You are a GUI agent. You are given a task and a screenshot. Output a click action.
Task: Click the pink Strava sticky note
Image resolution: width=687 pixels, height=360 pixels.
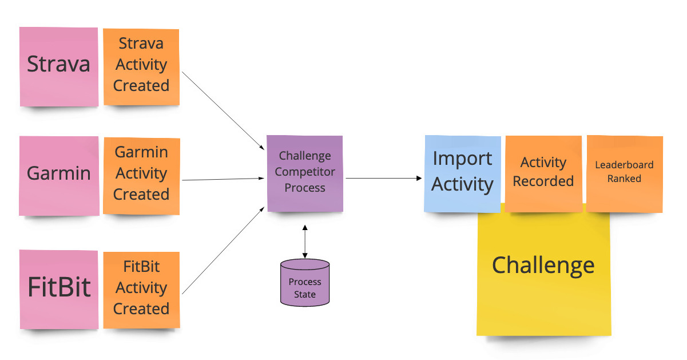pos(59,67)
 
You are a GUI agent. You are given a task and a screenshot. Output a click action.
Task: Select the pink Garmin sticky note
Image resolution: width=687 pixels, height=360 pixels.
pos(59,176)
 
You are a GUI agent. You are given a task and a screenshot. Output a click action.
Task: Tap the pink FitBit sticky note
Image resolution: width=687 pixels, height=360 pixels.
pos(59,290)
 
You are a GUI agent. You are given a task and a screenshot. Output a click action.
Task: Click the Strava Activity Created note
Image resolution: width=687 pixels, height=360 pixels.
pos(141,67)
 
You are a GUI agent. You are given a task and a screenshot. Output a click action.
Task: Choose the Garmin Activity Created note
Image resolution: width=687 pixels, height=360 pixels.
pos(141,176)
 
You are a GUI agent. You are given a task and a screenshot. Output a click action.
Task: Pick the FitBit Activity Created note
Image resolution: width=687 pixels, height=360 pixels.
pos(141,290)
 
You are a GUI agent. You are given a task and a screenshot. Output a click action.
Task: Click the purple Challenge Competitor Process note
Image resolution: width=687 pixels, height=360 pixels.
pos(305,173)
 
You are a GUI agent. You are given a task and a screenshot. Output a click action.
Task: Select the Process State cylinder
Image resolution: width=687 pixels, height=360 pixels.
pos(305,283)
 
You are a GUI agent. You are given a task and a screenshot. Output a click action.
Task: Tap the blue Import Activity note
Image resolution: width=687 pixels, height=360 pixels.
pos(463,174)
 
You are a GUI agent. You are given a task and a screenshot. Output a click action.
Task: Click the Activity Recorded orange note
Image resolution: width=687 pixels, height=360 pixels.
pos(543,174)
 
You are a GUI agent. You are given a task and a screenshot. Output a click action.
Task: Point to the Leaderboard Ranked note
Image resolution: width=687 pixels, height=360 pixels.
pos(625,174)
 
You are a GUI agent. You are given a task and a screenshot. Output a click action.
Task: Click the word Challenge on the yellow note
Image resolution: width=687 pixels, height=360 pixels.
pos(543,266)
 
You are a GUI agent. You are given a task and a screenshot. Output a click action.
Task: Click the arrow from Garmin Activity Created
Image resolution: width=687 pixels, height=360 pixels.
pos(223,179)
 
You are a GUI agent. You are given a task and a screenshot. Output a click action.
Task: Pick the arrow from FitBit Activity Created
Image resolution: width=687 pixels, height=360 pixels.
pos(223,251)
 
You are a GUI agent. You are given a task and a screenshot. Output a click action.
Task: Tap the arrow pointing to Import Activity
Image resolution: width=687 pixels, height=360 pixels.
pos(384,178)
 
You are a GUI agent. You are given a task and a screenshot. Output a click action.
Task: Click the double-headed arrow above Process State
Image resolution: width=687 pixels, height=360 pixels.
pos(305,242)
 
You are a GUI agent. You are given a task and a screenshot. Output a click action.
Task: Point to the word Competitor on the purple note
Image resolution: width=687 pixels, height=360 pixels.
pos(305,172)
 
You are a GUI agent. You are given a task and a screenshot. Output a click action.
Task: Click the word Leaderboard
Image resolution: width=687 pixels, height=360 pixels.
pos(624,165)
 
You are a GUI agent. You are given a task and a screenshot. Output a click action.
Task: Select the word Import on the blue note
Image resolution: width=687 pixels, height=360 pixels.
pos(462,159)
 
